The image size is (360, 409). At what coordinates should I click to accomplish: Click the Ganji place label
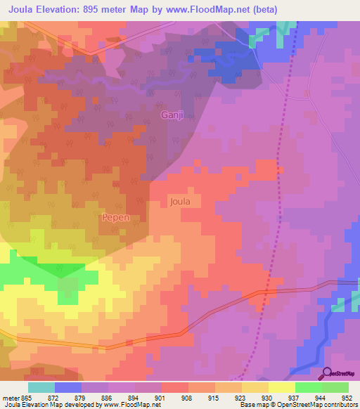pyautogui.click(x=172, y=115)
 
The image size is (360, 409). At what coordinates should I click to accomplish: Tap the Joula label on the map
pyautogui.click(x=180, y=202)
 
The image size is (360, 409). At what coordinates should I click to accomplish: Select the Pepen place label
pyautogui.click(x=116, y=218)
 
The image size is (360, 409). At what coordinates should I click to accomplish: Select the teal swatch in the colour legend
pyautogui.click(x=41, y=387)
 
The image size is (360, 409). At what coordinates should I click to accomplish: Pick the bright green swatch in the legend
pyautogui.click(x=309, y=387)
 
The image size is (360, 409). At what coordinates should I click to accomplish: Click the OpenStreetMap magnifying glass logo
pyautogui.click(x=326, y=374)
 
